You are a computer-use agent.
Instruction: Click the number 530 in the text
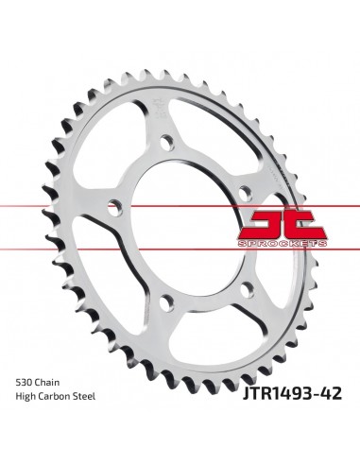click(26, 380)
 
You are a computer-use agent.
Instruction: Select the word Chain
click(54, 380)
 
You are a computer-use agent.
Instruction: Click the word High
click(27, 399)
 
